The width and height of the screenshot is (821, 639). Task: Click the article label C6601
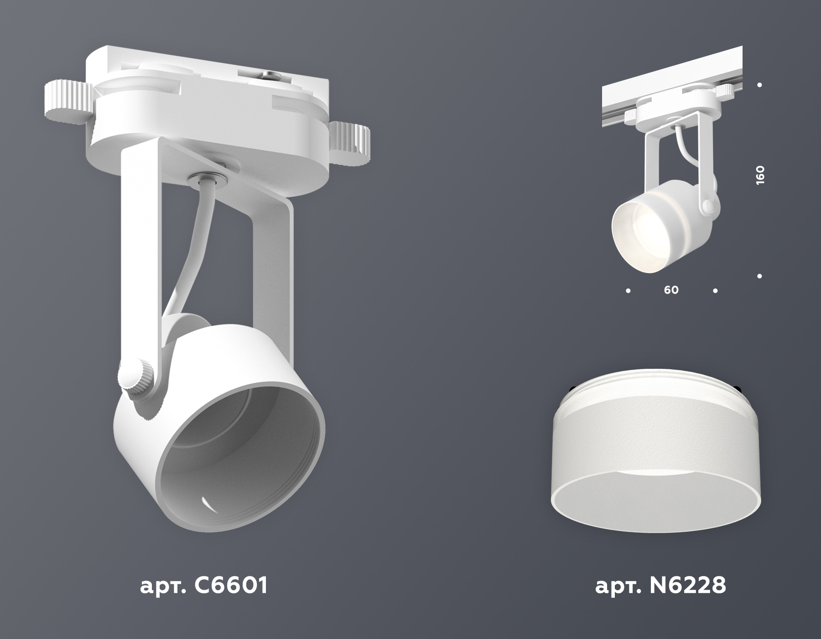pos(203,586)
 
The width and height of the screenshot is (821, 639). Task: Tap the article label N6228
pos(660,586)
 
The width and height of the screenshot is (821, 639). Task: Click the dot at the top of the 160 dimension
pos(760,84)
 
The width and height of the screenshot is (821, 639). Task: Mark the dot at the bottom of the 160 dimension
pos(760,276)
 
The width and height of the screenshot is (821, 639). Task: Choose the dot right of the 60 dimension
pos(715,290)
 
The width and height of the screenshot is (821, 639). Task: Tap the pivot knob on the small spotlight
pos(708,206)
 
